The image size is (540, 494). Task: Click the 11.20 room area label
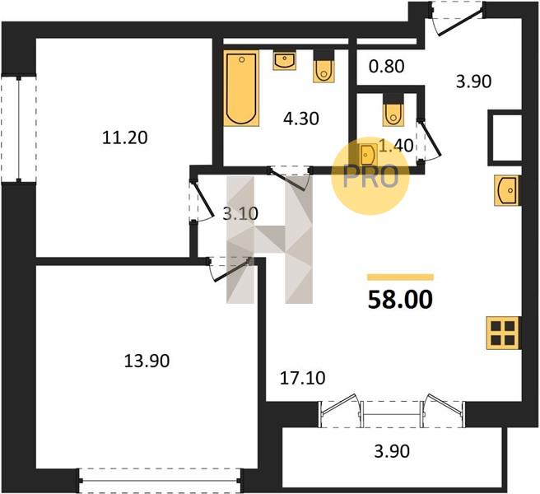[125, 137]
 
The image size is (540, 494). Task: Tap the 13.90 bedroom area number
[147, 361]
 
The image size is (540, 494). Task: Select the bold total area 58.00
[400, 300]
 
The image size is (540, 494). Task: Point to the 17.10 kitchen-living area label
[302, 378]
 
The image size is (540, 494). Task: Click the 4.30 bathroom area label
[301, 119]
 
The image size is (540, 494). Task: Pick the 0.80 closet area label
[386, 67]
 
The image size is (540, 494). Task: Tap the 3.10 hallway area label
[240, 214]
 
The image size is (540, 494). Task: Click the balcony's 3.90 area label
[392, 451]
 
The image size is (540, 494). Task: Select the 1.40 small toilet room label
[396, 146]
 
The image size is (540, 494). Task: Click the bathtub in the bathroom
[241, 88]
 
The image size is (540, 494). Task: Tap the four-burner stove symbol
[503, 333]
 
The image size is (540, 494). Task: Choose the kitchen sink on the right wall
[507, 190]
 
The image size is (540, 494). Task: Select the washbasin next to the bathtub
[285, 61]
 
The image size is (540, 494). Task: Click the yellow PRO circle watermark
[370, 176]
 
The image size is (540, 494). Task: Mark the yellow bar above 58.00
[401, 277]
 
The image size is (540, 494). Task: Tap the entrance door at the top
[457, 18]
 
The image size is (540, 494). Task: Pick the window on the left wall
[19, 129]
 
